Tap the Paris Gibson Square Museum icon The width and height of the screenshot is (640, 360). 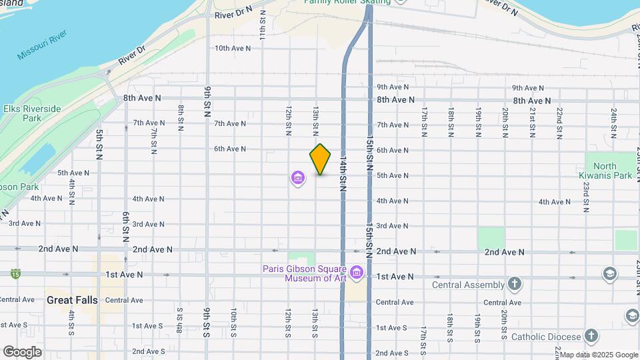click(357, 272)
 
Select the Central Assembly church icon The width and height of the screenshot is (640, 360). click(514, 285)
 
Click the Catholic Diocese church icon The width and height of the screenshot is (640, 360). click(591, 335)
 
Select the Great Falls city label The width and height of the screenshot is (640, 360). click(72, 300)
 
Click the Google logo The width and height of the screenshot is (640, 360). click(22, 352)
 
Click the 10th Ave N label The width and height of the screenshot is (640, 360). click(233, 48)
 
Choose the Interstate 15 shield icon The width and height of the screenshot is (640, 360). click(15, 273)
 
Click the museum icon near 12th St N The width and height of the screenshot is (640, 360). click(297, 178)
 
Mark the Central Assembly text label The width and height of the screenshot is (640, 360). click(469, 285)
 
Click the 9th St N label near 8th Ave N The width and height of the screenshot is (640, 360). click(208, 100)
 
